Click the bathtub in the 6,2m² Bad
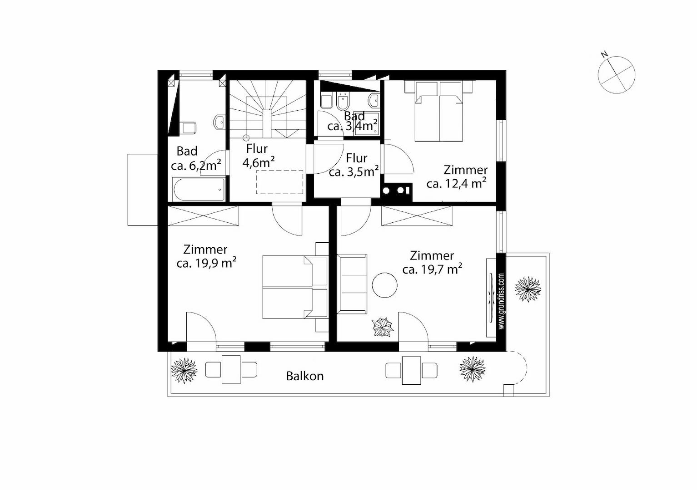click(x=199, y=190)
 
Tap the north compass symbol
click(x=616, y=74)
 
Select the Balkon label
click(x=304, y=376)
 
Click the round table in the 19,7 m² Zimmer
click(x=384, y=285)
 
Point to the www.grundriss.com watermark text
click(x=501, y=301)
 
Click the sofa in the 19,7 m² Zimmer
click(x=352, y=284)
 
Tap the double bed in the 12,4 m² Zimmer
click(x=438, y=111)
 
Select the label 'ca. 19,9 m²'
click(x=206, y=264)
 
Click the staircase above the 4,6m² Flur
click(x=267, y=109)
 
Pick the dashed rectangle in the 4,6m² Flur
click(x=280, y=182)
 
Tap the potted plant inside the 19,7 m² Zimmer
click(x=383, y=327)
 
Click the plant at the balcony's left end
click(x=184, y=371)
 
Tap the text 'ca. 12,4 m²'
click(x=457, y=184)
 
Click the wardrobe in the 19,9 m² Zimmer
click(x=203, y=216)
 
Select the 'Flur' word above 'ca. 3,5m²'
click(x=357, y=158)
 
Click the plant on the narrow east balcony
click(x=528, y=289)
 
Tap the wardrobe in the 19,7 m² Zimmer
click(x=417, y=216)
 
